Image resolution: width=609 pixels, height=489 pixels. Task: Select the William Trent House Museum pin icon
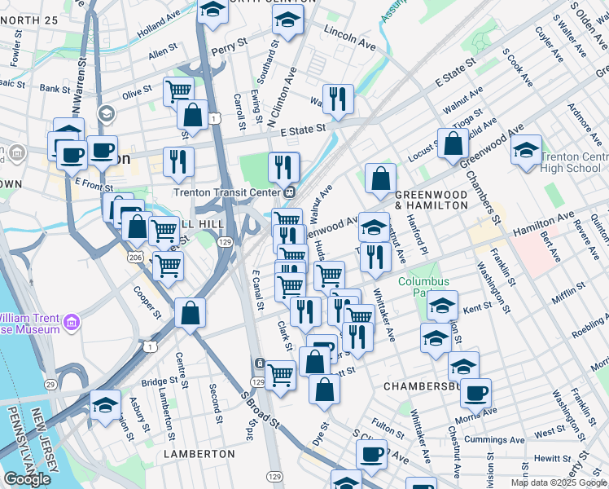[72, 324]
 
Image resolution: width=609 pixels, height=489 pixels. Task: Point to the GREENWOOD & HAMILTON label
[432, 200]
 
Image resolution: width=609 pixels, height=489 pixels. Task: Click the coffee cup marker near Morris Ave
[475, 392]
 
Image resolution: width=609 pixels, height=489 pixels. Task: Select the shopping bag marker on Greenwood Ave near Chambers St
[453, 144]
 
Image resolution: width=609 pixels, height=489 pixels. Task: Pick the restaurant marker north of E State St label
[338, 99]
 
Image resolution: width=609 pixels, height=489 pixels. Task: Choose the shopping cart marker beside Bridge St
[280, 375]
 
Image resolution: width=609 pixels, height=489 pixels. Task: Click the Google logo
[28, 478]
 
